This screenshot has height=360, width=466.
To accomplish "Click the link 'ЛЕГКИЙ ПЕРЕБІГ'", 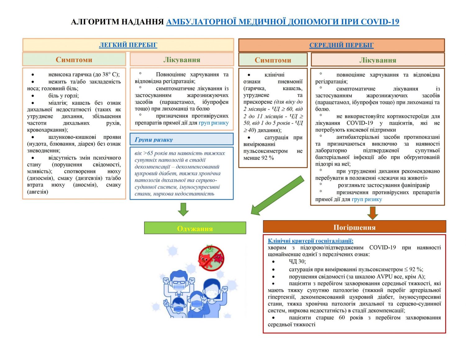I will pyautogui.click(x=128, y=45).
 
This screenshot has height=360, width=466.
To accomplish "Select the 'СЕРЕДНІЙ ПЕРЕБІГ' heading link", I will pyautogui.click(x=341, y=45).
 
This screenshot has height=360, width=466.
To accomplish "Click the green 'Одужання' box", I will pyautogui.click(x=195, y=228).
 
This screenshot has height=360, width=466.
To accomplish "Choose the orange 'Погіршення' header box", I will pyautogui.click(x=354, y=227).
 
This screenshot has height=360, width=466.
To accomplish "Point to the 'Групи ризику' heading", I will pyautogui.click(x=154, y=139).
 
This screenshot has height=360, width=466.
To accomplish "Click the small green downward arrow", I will pyautogui.click(x=183, y=209).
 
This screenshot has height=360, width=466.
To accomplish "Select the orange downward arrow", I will pyautogui.click(x=372, y=213).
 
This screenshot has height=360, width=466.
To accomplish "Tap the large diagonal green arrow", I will pyautogui.click(x=277, y=195).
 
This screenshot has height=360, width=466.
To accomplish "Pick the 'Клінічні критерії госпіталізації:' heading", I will pyautogui.click(x=310, y=241).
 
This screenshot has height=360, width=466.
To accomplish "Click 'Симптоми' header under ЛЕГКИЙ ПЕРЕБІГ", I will pyautogui.click(x=74, y=60).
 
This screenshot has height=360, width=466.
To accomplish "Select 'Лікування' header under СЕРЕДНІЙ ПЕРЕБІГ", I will pyautogui.click(x=377, y=60).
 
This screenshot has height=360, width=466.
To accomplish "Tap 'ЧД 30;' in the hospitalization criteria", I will pyautogui.click(x=297, y=261).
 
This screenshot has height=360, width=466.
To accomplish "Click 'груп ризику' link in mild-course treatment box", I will pyautogui.click(x=213, y=123).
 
